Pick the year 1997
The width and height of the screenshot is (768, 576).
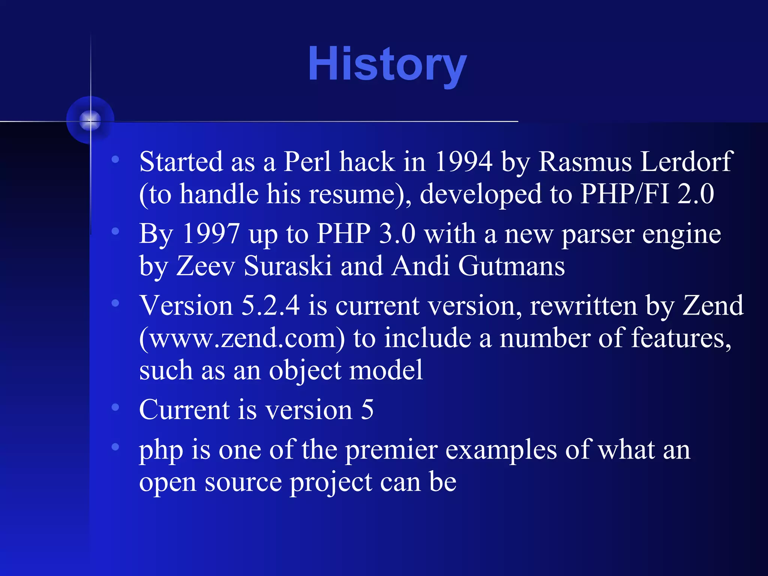pyautogui.click(x=211, y=234)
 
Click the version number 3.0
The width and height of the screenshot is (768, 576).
pyautogui.click(x=397, y=234)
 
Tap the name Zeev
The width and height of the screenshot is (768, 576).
pyautogui.click(x=205, y=266)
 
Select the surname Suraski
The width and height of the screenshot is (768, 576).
pyautogui.click(x=288, y=266)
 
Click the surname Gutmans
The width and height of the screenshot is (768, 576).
pyautogui.click(x=511, y=266)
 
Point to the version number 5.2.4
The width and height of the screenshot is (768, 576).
pyautogui.click(x=270, y=306)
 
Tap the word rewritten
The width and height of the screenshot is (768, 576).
pyautogui.click(x=583, y=306)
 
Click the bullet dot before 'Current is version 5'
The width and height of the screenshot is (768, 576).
pyautogui.click(x=115, y=407)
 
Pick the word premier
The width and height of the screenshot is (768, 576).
pyautogui.click(x=391, y=450)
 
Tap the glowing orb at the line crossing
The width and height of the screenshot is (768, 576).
pyautogui.click(x=90, y=120)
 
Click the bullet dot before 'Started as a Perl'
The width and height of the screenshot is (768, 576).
pyautogui.click(x=115, y=159)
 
